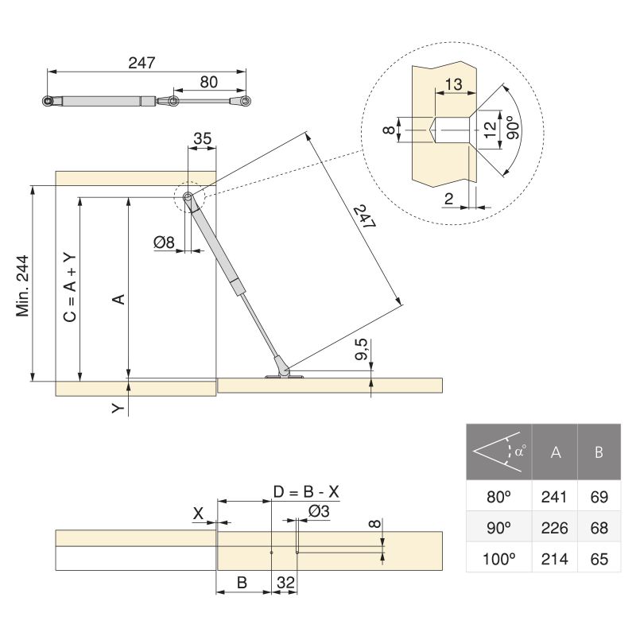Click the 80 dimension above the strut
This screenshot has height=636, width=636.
[x=208, y=81]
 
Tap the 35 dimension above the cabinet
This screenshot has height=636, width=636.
[x=202, y=139]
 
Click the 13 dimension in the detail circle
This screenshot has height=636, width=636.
[x=454, y=84]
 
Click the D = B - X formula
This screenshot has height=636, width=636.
[x=306, y=492]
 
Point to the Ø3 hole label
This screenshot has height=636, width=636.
[x=319, y=512]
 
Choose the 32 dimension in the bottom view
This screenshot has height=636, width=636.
[x=285, y=583]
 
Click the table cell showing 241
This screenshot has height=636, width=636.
[x=554, y=498]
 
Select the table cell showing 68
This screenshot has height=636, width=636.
[x=599, y=528]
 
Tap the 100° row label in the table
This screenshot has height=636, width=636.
[x=499, y=559]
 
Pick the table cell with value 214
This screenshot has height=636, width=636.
[x=554, y=559]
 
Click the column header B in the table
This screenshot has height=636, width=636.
[x=599, y=452]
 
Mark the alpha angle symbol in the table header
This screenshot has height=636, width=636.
[x=518, y=452]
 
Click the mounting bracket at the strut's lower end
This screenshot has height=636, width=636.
[x=281, y=374]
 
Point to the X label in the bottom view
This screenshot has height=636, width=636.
[x=198, y=513]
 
